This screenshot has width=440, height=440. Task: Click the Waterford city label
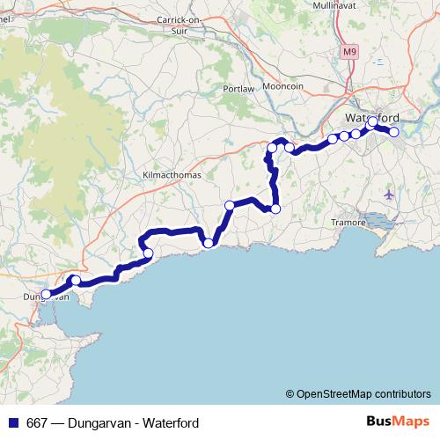(371, 117)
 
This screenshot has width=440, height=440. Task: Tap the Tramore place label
(348, 223)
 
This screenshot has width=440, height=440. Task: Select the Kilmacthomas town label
(172, 175)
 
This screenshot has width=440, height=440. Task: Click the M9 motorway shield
(351, 52)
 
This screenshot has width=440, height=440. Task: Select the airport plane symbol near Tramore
(390, 194)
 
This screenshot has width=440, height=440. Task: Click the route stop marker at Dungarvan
(46, 295)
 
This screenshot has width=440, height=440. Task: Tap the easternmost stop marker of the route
(394, 132)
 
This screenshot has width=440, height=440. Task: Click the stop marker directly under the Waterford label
(372, 122)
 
